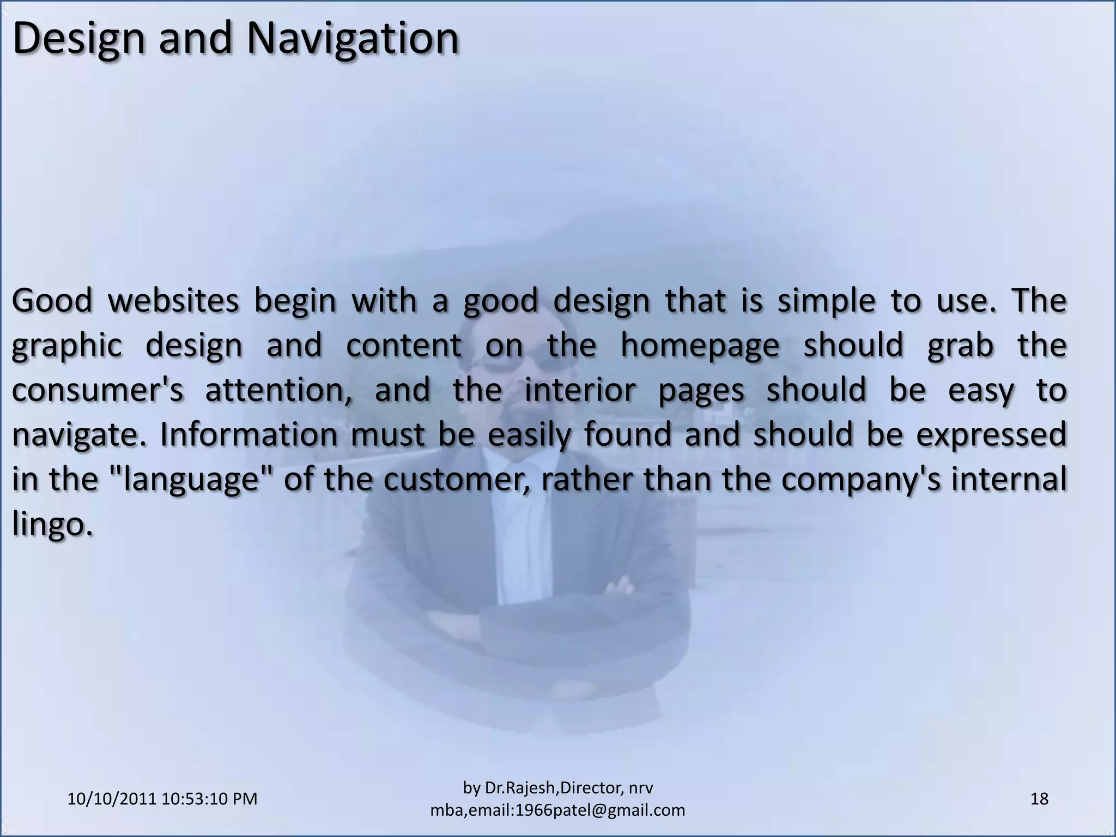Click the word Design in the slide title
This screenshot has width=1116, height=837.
click(x=79, y=39)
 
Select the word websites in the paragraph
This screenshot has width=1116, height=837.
click(x=173, y=301)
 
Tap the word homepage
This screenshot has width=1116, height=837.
click(x=700, y=345)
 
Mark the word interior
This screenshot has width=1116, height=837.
click(x=579, y=390)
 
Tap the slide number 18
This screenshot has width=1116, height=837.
click(x=1039, y=799)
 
